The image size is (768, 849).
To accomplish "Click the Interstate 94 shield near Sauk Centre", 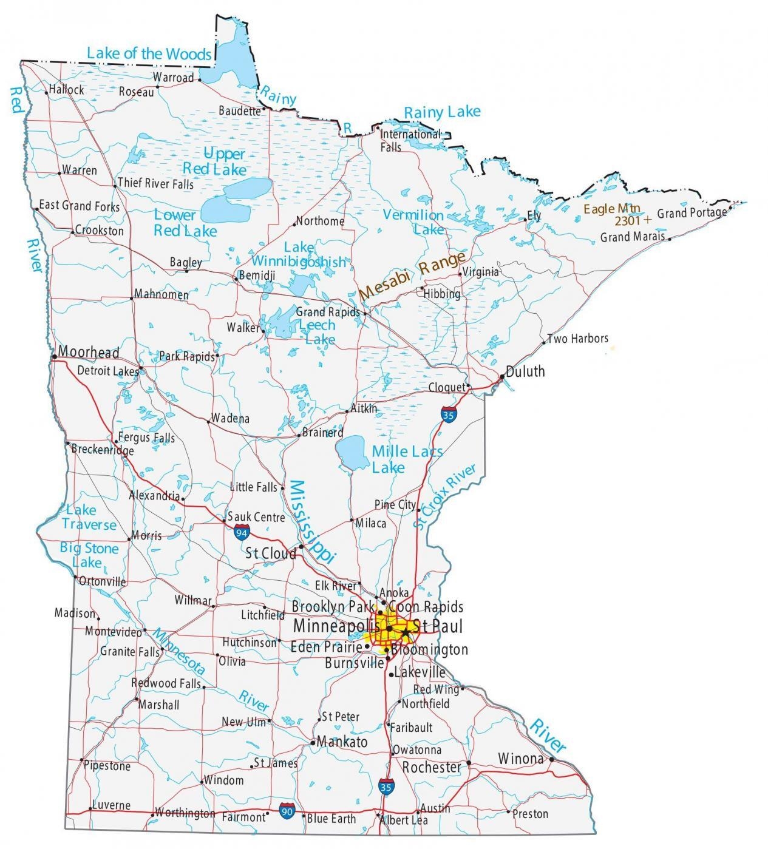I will tap(242, 532).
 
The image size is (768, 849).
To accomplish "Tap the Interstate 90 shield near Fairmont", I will tap(287, 810).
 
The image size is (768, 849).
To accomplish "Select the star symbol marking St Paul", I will tap(405, 632).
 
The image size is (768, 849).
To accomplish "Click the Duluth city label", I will tap(525, 371).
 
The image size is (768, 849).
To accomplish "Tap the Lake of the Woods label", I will tap(149, 53).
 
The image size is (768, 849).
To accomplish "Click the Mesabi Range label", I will tap(412, 276).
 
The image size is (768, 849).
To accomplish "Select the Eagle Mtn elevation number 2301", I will tap(630, 220).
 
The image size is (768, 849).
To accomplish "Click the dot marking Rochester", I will tap(469, 763).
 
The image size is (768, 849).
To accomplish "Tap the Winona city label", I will tap(520, 759).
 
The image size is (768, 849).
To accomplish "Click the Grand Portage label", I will tap(692, 213).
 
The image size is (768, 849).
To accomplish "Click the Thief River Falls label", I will tap(155, 183).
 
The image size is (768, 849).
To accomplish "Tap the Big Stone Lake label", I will tap(89, 555).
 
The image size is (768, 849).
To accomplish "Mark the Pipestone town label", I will tap(107, 766).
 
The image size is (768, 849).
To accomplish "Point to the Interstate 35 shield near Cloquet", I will tap(448, 416).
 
